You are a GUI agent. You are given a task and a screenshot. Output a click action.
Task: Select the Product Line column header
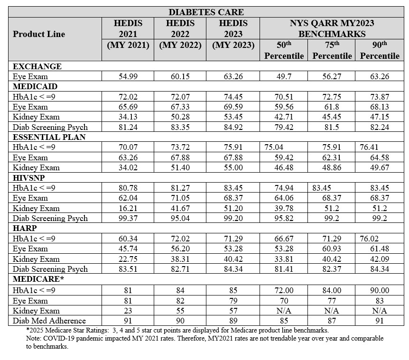[39, 34]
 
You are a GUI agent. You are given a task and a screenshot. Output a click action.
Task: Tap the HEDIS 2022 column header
[180, 28]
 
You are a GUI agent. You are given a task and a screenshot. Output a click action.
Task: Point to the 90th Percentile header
[380, 50]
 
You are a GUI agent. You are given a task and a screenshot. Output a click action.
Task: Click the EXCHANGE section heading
[37, 66]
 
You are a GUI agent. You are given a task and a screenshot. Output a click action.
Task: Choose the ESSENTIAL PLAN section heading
[49, 137]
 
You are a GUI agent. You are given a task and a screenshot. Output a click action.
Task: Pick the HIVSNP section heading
[32, 177]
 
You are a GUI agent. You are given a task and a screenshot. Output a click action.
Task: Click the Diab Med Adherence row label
[49, 321]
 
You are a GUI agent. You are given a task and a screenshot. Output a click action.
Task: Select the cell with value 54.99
[128, 76]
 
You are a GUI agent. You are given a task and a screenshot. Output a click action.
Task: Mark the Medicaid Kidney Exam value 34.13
[128, 117]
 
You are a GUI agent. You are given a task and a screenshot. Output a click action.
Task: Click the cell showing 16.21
[128, 208]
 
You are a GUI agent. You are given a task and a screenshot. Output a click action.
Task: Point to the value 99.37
[128, 218]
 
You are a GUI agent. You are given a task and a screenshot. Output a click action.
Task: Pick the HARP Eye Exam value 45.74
[128, 249]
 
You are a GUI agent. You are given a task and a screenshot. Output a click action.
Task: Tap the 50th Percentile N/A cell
[284, 311]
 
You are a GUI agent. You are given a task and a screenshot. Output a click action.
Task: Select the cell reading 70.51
[284, 97]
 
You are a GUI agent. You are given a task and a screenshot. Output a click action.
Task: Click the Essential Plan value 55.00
[233, 167]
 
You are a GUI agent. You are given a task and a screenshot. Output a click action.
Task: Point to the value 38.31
[180, 259]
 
